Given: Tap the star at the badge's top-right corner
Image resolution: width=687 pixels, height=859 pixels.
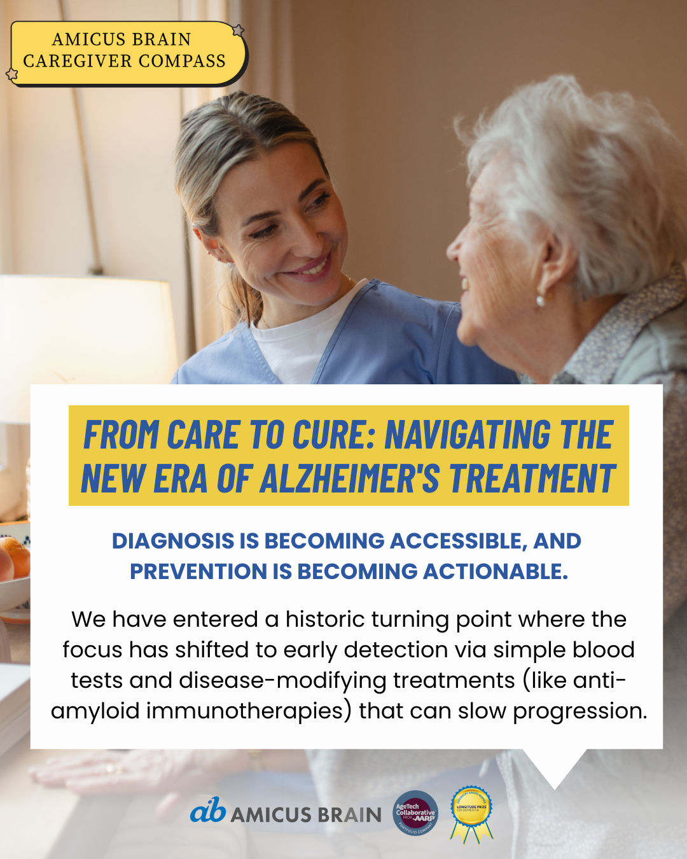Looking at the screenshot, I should [x=238, y=31].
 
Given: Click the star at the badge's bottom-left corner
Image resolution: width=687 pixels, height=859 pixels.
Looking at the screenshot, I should [x=12, y=74].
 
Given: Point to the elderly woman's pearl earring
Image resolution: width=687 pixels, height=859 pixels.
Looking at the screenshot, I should [x=540, y=300].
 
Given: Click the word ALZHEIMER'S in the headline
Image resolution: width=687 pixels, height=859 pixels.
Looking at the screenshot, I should [x=349, y=478].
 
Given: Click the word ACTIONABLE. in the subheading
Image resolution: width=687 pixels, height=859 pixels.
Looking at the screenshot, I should [x=496, y=571].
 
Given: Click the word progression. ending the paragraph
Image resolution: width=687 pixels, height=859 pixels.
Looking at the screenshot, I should [x=579, y=711].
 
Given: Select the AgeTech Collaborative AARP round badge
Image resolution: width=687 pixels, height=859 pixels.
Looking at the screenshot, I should [x=415, y=813].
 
